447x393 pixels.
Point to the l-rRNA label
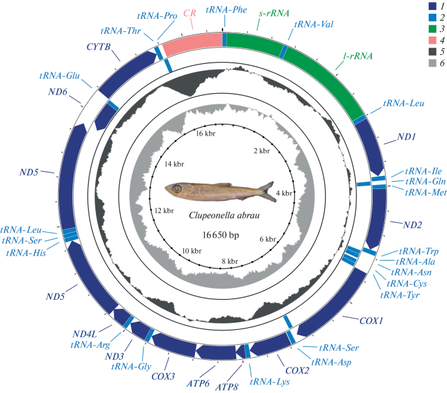coord(357,56)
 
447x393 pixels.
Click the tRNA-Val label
coord(315,24)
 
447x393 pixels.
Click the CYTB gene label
coord(97,47)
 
